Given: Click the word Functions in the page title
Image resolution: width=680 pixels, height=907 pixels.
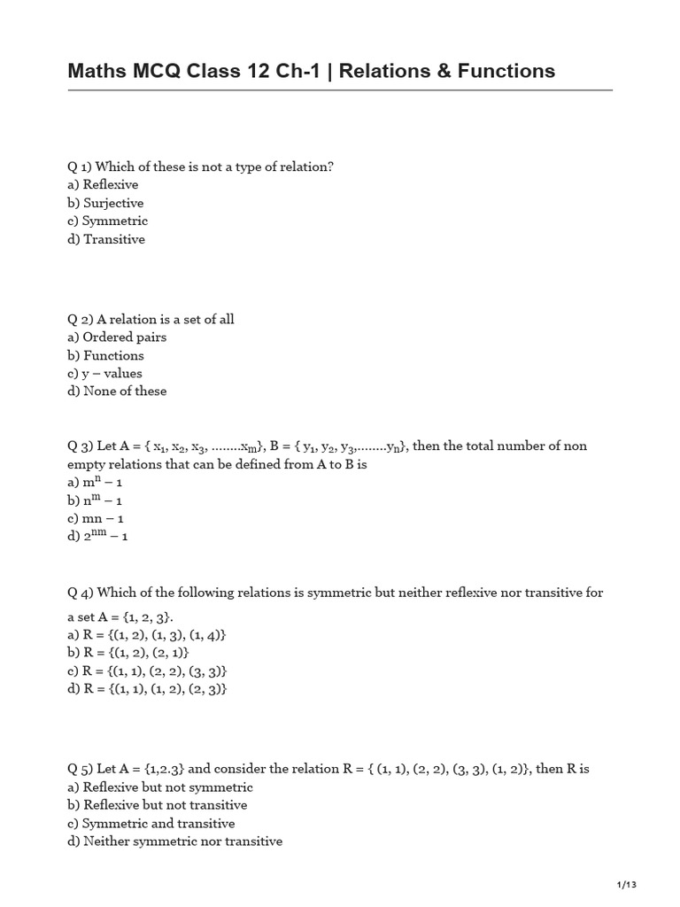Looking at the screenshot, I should click(506, 71).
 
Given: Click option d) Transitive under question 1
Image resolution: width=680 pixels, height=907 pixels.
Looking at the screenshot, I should click(106, 239).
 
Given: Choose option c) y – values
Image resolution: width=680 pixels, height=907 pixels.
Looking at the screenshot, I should click(104, 373).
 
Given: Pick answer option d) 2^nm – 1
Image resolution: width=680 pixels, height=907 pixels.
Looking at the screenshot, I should click(97, 537).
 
